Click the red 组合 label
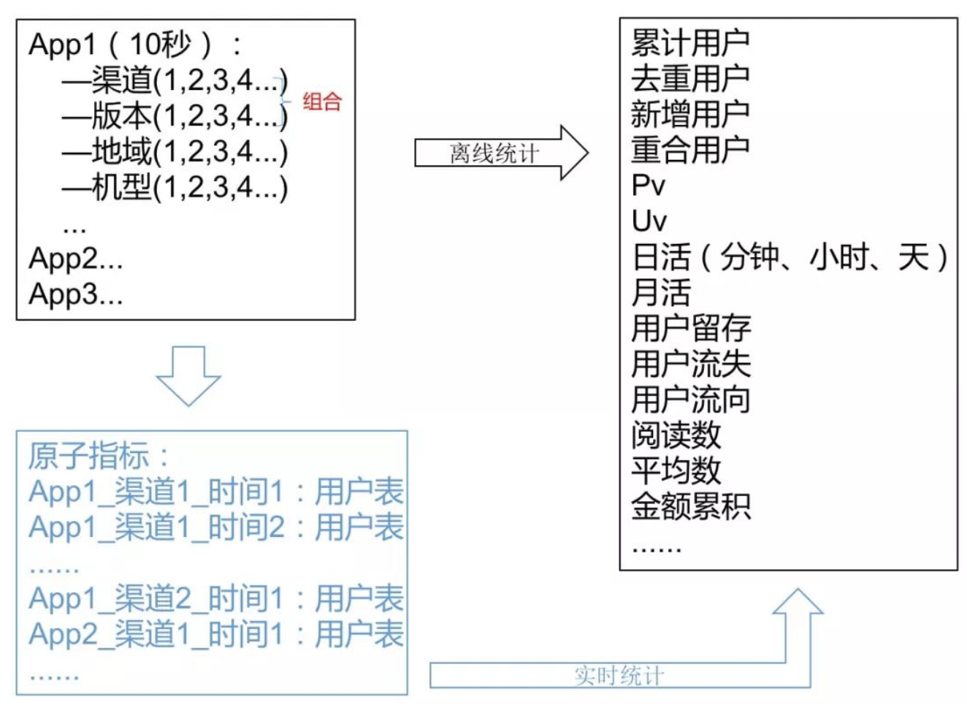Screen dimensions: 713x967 [322, 102]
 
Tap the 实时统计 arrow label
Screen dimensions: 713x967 [619, 676]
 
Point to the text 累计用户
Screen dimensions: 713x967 [690, 44]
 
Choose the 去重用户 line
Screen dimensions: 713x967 [690, 79]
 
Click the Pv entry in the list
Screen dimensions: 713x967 [649, 186]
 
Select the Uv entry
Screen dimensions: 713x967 [649, 221]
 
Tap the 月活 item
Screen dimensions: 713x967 [661, 293]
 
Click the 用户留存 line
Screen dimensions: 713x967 [691, 329]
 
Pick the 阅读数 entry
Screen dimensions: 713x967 [676, 435]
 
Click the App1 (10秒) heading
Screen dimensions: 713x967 [135, 45]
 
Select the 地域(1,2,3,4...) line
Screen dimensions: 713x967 [175, 152]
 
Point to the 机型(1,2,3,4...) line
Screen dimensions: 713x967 [175, 188]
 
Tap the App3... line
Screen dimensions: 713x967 [75, 294]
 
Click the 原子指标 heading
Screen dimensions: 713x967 [99, 457]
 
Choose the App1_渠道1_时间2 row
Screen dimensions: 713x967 [216, 527]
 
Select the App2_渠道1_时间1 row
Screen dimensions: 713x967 [216, 634]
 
